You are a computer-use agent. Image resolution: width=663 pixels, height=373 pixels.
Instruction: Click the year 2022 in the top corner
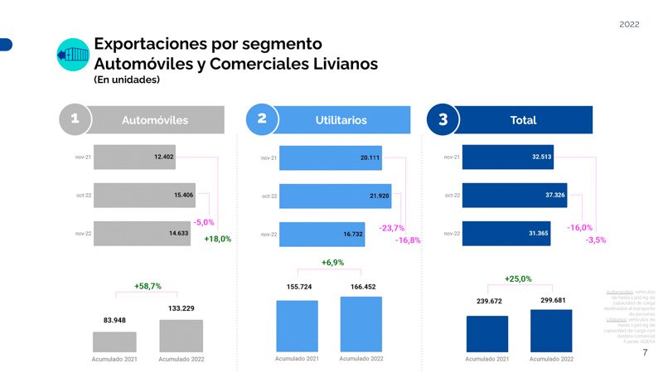[x=629, y=25]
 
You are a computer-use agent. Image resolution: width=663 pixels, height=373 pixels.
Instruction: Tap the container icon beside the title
[x=72, y=55]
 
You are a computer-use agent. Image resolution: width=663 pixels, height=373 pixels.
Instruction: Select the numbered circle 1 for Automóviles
[x=75, y=119]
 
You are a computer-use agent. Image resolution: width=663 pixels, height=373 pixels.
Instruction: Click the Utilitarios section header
[x=341, y=120]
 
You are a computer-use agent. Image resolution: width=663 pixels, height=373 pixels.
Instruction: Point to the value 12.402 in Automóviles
[x=163, y=156]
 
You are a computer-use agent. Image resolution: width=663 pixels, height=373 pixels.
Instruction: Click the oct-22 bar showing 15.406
[x=144, y=195]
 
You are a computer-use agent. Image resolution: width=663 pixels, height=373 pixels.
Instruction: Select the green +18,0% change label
[x=217, y=239]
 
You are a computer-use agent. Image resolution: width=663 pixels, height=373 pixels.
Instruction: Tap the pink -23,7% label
[x=391, y=227]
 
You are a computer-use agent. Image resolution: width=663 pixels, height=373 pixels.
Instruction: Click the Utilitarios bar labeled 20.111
[x=330, y=157]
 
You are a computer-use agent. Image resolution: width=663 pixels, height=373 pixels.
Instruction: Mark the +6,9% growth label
[x=332, y=263]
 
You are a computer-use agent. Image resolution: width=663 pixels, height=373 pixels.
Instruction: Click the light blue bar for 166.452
[x=361, y=323]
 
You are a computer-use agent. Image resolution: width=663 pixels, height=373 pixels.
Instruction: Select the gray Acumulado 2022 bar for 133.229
[x=181, y=336]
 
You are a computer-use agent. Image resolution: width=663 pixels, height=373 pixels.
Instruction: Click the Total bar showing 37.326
[x=514, y=196]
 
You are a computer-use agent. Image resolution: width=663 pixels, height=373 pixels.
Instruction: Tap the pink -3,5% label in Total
[x=595, y=240]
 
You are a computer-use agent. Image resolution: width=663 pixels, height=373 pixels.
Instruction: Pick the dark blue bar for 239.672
[x=486, y=333]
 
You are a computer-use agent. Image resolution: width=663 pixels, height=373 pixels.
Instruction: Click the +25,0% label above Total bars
[x=518, y=279]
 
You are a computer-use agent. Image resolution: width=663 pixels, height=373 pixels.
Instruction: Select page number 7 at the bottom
[x=645, y=353]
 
